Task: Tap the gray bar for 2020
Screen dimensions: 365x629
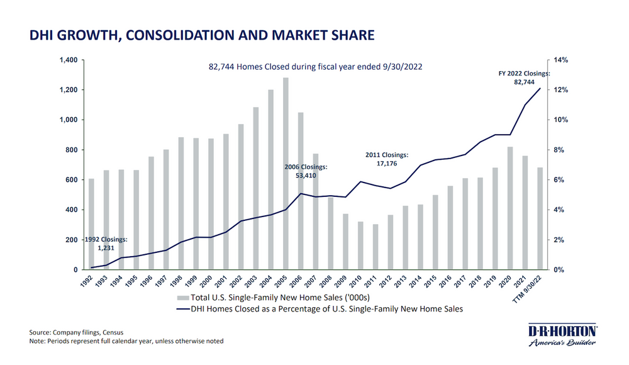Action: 511,208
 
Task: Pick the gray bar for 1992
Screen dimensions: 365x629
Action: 91,224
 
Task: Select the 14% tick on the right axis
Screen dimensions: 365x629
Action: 560,60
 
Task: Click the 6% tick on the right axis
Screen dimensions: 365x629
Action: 559,180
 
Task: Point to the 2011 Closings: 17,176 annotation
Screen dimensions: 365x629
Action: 387,159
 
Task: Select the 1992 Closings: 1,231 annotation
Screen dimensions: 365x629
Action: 105,244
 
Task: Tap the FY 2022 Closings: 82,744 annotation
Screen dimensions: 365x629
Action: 524,78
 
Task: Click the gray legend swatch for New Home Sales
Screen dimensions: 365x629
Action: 182,297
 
